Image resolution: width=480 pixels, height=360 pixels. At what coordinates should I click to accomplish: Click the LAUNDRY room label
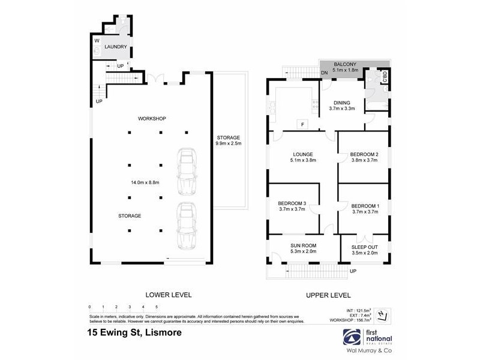[x=116, y=46]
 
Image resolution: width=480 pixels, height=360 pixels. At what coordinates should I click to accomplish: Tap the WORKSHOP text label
[x=152, y=119]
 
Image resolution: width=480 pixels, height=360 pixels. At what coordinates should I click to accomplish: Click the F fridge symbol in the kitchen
[x=302, y=125]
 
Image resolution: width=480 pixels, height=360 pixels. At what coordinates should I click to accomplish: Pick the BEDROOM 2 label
[x=364, y=154]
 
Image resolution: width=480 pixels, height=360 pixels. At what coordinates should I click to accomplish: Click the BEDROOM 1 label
[x=365, y=205]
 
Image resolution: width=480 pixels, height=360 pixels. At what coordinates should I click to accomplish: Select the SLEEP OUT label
[x=365, y=246]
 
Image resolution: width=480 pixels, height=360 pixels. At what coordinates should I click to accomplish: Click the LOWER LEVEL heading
[x=169, y=295]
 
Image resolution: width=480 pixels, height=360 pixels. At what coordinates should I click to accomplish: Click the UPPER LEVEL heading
[x=328, y=295]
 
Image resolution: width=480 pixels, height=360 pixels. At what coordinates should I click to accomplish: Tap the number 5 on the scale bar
[x=156, y=307]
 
